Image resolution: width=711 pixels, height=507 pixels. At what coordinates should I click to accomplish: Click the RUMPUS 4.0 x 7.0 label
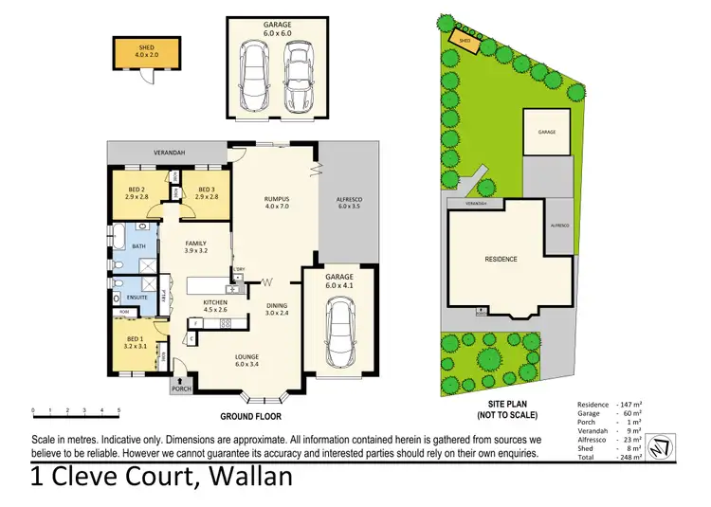276,203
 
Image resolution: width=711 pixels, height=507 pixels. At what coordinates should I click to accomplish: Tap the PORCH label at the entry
181,389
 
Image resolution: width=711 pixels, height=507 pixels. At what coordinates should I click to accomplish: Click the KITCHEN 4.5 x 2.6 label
215,306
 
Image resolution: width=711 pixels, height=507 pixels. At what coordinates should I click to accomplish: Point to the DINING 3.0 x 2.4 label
277,309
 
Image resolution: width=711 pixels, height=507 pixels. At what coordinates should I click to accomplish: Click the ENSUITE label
137,297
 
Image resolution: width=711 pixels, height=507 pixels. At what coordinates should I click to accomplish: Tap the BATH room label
138,246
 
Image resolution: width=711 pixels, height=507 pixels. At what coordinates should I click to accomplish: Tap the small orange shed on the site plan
465,41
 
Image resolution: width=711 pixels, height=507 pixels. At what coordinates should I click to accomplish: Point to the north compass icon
673,442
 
